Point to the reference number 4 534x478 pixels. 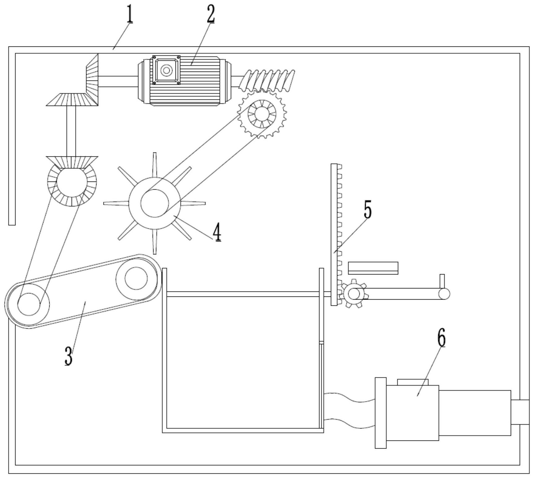pos(217,232)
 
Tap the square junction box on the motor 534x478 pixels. pos(166,70)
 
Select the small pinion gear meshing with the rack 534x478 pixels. pos(354,293)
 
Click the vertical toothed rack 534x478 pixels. pos(336,235)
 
